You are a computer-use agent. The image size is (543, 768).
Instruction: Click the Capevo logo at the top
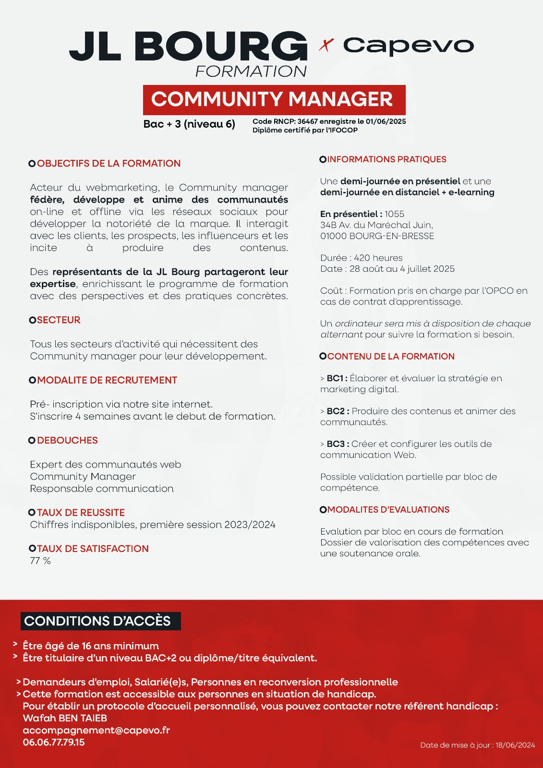tap(408, 46)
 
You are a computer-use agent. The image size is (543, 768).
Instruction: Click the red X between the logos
tap(326, 46)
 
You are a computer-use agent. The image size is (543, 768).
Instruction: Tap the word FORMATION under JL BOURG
tap(251, 72)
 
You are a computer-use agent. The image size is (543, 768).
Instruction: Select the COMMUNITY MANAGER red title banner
tap(274, 99)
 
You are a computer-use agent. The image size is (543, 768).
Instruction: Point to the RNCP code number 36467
tap(307, 121)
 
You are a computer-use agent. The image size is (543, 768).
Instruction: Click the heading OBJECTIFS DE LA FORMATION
tap(109, 163)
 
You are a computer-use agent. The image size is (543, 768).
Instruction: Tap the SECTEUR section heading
tap(59, 320)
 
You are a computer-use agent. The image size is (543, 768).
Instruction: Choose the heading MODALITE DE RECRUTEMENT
tap(107, 380)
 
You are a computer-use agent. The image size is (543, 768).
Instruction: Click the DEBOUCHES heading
tap(67, 440)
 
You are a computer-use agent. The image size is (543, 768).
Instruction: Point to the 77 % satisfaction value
tap(40, 561)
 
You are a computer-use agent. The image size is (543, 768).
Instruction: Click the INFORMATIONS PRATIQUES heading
tap(386, 159)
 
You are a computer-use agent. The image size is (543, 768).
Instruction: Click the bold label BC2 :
tap(338, 411)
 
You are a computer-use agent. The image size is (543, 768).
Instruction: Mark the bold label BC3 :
tap(338, 444)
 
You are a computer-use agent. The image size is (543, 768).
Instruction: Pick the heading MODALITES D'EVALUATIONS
tap(388, 510)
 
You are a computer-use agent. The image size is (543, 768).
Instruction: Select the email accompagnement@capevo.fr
tap(96, 730)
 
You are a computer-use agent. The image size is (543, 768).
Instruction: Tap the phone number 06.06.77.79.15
tap(54, 742)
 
